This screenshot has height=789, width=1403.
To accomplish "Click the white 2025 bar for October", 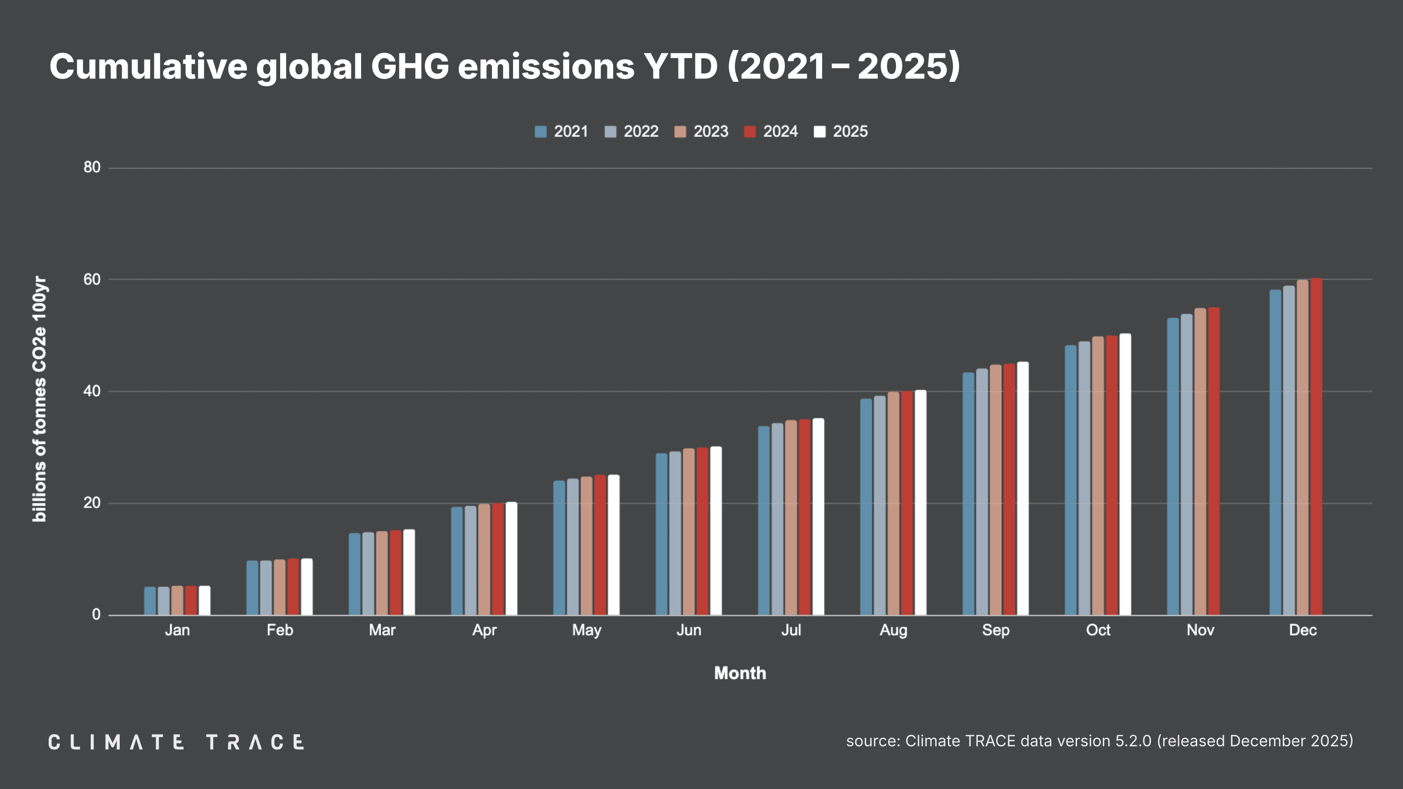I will [x=1125, y=473].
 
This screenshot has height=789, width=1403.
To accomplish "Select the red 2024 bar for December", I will [x=1316, y=446].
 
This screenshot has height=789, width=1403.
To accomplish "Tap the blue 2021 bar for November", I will [x=1172, y=466].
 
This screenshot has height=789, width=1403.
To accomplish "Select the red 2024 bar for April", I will [x=498, y=559].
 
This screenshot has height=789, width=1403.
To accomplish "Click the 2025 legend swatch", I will [x=819, y=132].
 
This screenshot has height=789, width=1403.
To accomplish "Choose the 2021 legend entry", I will [x=561, y=132].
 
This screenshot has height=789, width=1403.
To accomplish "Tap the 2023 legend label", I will [x=710, y=132].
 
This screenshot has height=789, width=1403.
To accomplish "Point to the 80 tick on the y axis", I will [x=92, y=168].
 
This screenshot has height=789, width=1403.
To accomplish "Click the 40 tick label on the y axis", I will [x=92, y=391].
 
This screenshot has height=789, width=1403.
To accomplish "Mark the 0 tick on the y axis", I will [x=96, y=615].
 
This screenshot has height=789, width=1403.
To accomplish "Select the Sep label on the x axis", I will [x=996, y=630].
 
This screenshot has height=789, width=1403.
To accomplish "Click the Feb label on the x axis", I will [x=279, y=630].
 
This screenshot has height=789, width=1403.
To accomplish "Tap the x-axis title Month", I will [x=740, y=673].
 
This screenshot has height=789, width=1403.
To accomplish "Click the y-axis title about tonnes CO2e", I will [x=40, y=399].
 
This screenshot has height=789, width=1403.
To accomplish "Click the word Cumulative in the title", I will [x=148, y=66].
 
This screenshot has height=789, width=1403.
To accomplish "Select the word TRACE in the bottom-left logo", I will [x=254, y=742].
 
